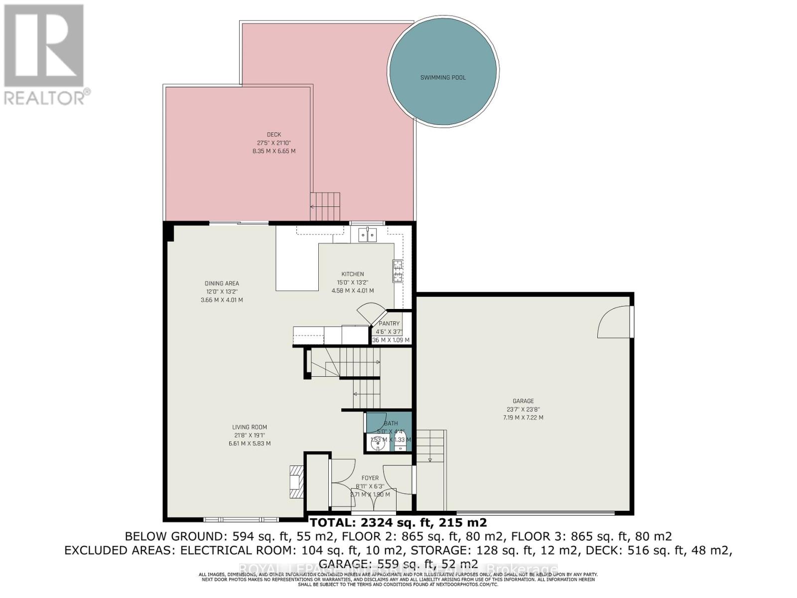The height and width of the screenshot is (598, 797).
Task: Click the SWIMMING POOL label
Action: [443, 78]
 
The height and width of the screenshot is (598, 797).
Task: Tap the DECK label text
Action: [273, 135]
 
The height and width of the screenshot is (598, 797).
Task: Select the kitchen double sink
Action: [368, 234]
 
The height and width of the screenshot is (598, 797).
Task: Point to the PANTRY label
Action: [389, 323]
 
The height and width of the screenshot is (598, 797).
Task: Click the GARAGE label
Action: [523, 401]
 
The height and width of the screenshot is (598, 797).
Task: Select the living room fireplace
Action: [296, 482]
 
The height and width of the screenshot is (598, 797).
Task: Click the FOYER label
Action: [370, 478]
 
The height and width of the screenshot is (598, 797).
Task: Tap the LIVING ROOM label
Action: [250, 427]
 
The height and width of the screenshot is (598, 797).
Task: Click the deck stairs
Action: [325, 206]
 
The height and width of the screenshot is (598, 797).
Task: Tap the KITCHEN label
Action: [352, 274]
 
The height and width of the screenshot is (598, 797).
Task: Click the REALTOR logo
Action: [44, 55]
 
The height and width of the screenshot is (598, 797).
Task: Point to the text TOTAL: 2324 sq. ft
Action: [398, 523]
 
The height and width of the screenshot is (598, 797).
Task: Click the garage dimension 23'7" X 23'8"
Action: [523, 409]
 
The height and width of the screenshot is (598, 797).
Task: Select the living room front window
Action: [241, 520]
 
